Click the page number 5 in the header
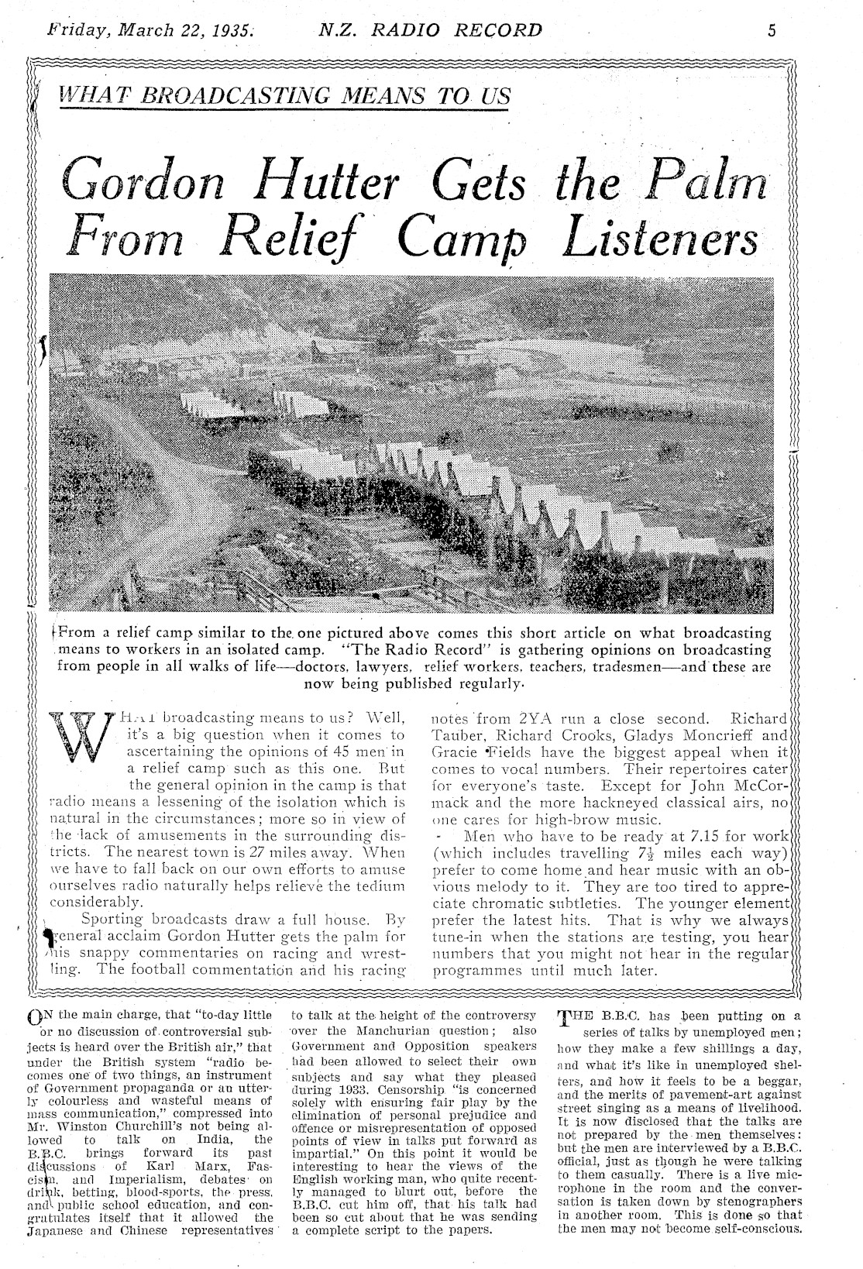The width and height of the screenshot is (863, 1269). [772, 30]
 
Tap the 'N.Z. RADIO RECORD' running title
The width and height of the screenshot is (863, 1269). [431, 31]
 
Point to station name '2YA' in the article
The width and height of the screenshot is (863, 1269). [517, 718]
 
